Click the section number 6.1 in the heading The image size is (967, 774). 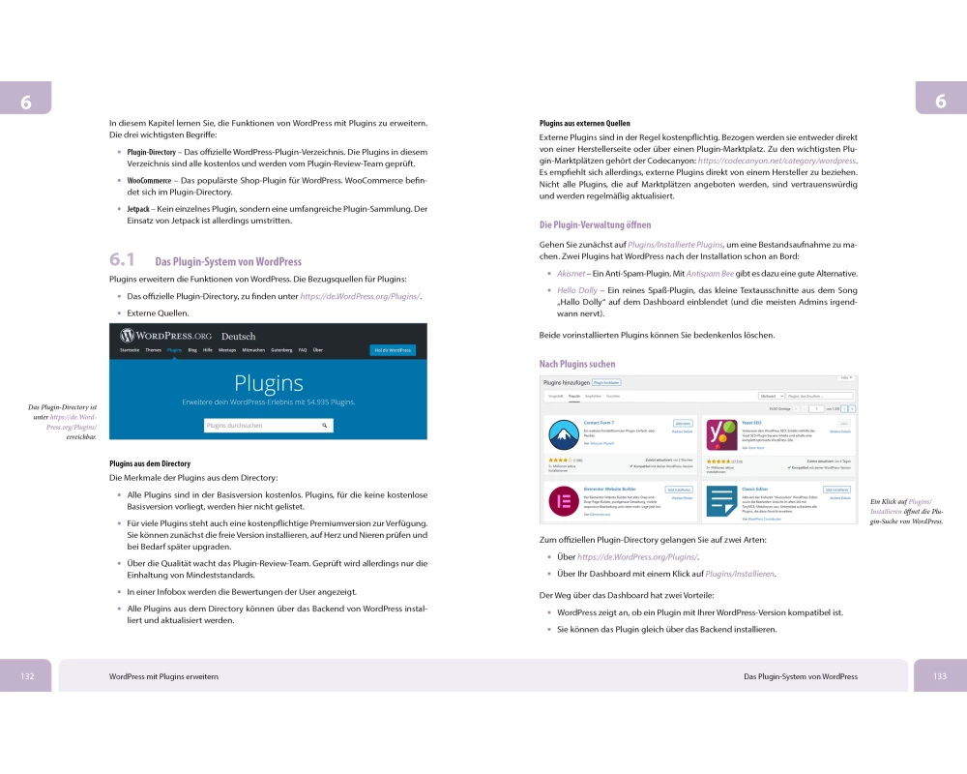pos(123,260)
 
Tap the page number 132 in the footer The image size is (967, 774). pos(28,676)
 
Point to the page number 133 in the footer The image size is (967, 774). pos(939,676)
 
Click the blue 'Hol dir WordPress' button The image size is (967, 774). pos(393,350)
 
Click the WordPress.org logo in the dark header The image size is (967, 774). pos(165,336)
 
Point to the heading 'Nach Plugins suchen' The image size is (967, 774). pos(576,364)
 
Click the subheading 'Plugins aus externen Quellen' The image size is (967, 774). pos(584,124)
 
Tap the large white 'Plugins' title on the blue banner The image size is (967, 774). pos(269,383)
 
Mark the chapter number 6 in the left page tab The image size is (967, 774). pos(25,103)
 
